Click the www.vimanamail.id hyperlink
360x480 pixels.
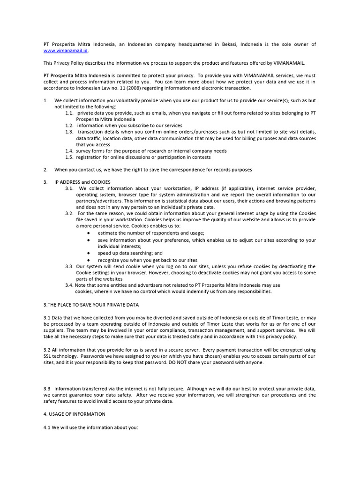pyautogui.click(x=66, y=51)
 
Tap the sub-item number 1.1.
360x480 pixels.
pyautogui.click(x=69, y=113)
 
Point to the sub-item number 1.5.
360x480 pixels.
pyautogui.click(x=69, y=157)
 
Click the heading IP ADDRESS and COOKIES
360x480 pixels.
pyautogui.click(x=82, y=182)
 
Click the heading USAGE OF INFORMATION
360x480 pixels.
pyautogui.click(x=77, y=414)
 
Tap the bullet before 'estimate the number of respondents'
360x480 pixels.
pyautogui.click(x=89, y=233)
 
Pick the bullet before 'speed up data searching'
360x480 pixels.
pyautogui.click(x=89, y=253)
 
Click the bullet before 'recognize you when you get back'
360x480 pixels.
pyautogui.click(x=89, y=260)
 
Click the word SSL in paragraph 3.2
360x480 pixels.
pyautogui.click(x=48, y=356)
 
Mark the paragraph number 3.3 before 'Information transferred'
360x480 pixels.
pyautogui.click(x=47, y=389)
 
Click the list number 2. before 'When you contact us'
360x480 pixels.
pyautogui.click(x=45, y=170)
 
